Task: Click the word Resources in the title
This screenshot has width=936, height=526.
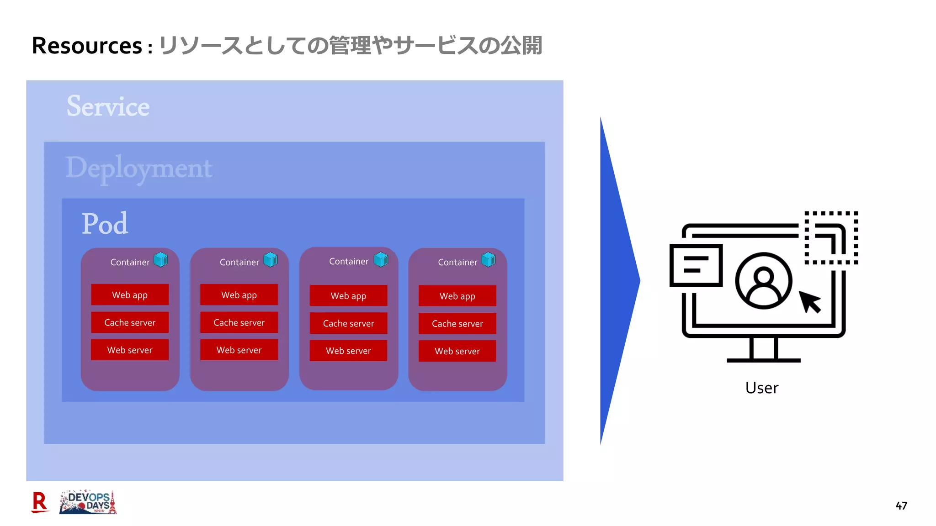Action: tap(87, 46)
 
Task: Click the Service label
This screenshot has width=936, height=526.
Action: tap(108, 106)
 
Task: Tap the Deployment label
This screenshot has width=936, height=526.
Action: tap(139, 168)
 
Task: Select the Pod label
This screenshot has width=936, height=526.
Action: tap(105, 224)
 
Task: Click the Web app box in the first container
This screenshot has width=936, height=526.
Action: tap(130, 295)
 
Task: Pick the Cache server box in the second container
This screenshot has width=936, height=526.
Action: tap(239, 322)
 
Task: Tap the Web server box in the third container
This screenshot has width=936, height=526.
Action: tap(348, 351)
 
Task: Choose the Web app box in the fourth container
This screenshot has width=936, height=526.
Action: tap(457, 296)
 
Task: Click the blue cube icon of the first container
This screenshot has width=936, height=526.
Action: tap(161, 260)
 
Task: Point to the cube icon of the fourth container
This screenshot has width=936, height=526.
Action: tap(488, 260)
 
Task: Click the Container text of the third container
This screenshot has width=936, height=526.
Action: tap(349, 261)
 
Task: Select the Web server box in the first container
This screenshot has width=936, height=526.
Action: tap(130, 350)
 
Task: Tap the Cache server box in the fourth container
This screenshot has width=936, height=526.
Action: tap(457, 323)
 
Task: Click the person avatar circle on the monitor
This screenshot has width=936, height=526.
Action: tap(763, 280)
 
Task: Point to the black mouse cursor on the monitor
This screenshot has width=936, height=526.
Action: tap(810, 302)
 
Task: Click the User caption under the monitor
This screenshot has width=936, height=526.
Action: tap(762, 388)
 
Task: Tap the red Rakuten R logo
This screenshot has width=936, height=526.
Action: tap(40, 502)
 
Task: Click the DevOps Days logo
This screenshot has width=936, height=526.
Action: tap(88, 502)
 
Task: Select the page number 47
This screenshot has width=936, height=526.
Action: tap(901, 505)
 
